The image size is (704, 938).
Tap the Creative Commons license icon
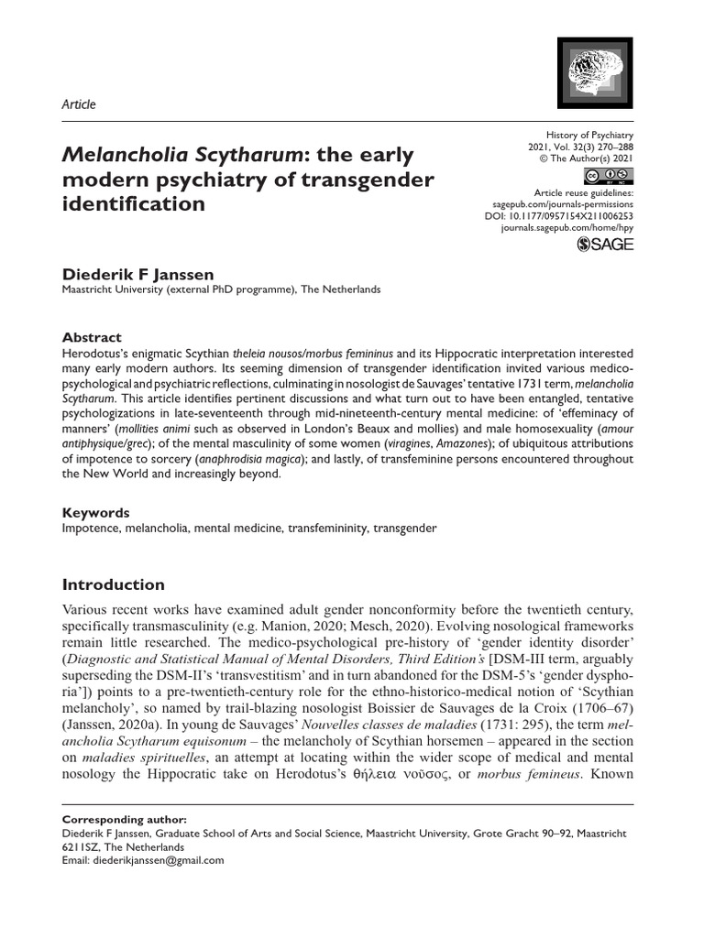click(x=608, y=178)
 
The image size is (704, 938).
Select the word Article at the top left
click(x=78, y=104)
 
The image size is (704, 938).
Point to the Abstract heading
click(x=91, y=337)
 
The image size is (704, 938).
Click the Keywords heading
click(x=95, y=513)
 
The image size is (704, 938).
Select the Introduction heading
click(x=113, y=584)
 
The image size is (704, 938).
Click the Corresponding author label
click(x=115, y=819)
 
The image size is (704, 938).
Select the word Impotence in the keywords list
click(x=90, y=529)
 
